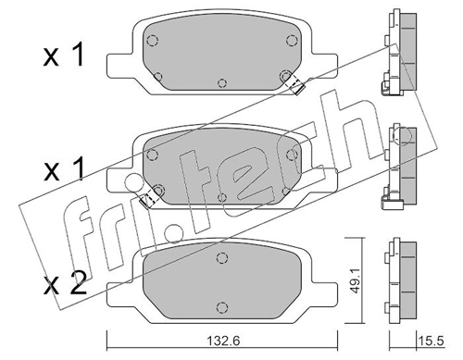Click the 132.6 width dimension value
click(x=223, y=341)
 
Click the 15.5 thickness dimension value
click(x=432, y=341)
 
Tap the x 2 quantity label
click(x=65, y=284)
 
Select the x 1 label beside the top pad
click(x=64, y=56)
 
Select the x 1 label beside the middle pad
click(x=64, y=169)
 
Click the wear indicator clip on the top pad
click(x=296, y=86)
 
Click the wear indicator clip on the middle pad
click(x=147, y=199)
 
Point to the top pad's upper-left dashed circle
click(x=152, y=41)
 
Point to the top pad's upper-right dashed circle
click(x=291, y=41)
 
